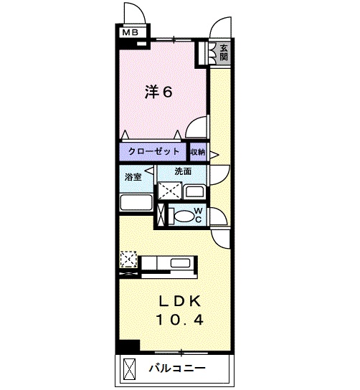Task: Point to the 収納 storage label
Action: [198, 152]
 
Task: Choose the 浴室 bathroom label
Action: [133, 176]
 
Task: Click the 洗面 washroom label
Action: [183, 172]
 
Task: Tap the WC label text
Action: [199, 214]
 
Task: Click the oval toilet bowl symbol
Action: [184, 215]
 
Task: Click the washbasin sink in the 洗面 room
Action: [194, 192]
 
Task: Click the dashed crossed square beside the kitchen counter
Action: [128, 259]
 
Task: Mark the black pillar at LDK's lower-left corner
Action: [128, 345]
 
